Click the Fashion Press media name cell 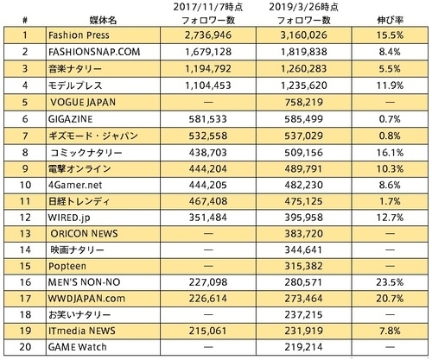tap(79, 35)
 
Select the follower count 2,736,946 tap(208, 35)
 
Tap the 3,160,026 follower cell tap(304, 35)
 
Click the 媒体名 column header tap(103, 20)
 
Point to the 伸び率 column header tap(391, 20)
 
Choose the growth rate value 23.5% tap(390, 282)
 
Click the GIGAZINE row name tap(71, 119)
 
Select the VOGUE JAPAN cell tap(83, 103)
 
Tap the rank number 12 tap(25, 218)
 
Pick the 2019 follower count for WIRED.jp tap(304, 218)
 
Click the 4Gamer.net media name tap(75, 185)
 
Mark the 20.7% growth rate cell tap(390, 299)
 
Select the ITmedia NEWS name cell tap(82, 331)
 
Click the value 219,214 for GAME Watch tap(304, 347)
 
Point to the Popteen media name tap(67, 266)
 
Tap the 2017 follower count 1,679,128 tap(208, 52)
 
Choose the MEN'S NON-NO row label tap(84, 282)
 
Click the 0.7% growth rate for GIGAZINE tap(390, 119)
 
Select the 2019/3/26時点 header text tap(304, 7)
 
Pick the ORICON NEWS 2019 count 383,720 tap(304, 234)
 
